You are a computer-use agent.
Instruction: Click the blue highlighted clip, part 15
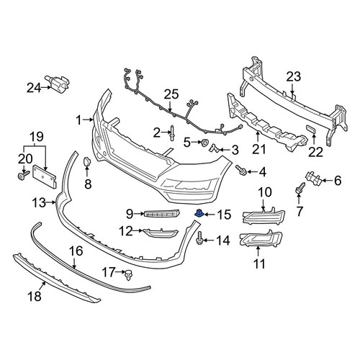click(x=199, y=213)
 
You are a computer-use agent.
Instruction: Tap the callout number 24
click(x=34, y=88)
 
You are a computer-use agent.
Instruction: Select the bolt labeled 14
click(x=199, y=238)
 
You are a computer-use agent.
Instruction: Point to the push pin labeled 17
click(x=129, y=275)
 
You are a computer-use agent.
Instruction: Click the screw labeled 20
click(x=23, y=175)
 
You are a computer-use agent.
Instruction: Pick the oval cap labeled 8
click(x=86, y=162)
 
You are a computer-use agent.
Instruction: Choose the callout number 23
click(x=294, y=77)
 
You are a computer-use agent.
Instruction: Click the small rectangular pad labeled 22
click(x=311, y=130)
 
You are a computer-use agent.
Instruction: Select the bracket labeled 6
click(x=313, y=179)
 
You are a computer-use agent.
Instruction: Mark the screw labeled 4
click(x=241, y=170)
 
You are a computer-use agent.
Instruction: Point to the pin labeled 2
click(x=173, y=134)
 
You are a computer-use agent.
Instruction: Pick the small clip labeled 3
click(x=214, y=148)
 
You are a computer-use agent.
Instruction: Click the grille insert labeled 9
click(x=163, y=213)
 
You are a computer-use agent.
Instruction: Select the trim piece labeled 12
click(x=161, y=233)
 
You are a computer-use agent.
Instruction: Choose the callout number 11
click(x=259, y=264)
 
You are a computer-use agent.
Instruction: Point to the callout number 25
click(x=171, y=94)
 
